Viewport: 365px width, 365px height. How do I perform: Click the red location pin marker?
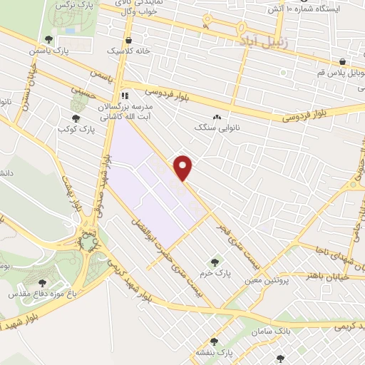(x=184, y=168)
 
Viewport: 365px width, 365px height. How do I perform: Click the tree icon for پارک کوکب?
(x=76, y=118)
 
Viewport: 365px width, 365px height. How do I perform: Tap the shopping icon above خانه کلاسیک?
(x=128, y=40)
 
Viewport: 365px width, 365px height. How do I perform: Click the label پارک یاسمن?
(x=45, y=52)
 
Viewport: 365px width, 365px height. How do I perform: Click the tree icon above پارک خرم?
(x=215, y=261)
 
